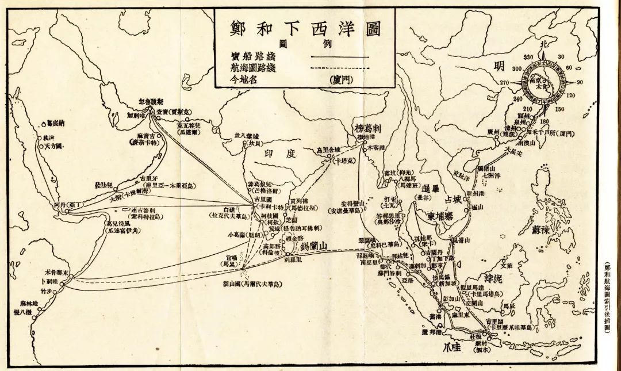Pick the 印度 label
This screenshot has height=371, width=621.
click(278, 155)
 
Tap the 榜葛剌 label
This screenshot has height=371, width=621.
click(369, 128)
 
